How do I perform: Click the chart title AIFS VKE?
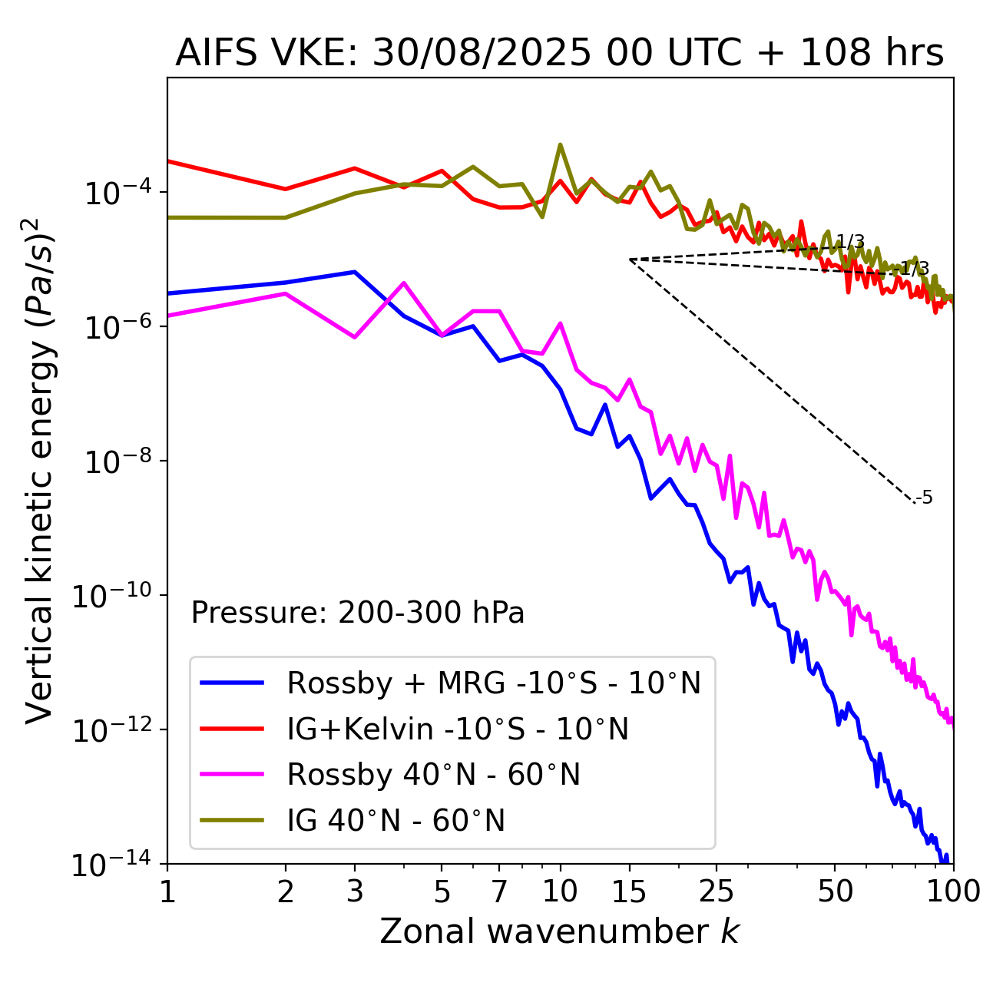tap(559, 54)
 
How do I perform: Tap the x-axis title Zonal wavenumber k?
tap(559, 931)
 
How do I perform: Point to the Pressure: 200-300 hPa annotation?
tap(358, 613)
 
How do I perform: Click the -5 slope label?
tap(925, 498)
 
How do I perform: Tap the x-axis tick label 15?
tap(630, 891)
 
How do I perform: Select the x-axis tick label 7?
tap(499, 891)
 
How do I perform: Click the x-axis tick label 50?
tap(835, 891)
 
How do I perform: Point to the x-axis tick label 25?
tap(717, 891)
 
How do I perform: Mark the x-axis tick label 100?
tap(952, 891)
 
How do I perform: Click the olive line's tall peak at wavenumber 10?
tap(560, 144)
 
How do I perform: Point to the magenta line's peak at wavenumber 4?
tap(404, 283)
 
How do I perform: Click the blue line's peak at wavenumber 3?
tap(354, 272)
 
